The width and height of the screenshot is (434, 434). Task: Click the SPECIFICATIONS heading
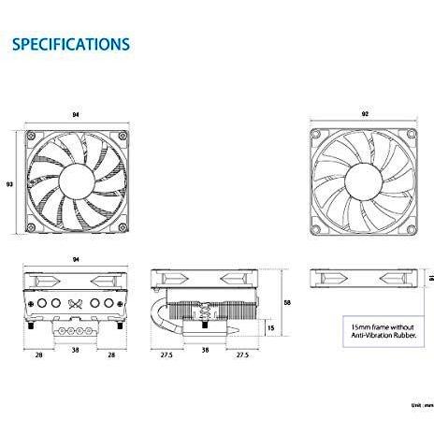pos(71,44)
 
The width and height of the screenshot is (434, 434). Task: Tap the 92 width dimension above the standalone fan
pos(365,114)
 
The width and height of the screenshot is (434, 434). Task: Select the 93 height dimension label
pos(9,184)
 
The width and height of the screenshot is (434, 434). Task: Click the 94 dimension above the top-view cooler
pos(76,115)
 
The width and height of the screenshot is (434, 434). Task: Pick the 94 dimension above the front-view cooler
pos(76,259)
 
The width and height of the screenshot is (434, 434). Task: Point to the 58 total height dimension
pos(287,302)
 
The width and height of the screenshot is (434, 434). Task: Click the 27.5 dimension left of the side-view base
pos(166,354)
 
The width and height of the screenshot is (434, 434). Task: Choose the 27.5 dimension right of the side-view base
pos(242,354)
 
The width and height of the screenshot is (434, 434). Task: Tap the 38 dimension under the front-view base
pos(76,350)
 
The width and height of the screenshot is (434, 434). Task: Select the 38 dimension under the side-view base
pos(205,350)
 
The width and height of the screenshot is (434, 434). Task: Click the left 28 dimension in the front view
pos(39,354)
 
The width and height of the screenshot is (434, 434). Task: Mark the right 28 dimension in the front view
pos(111,354)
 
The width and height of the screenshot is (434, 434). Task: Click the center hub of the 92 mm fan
pos(364,181)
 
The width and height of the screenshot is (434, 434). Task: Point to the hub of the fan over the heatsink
pos(77,181)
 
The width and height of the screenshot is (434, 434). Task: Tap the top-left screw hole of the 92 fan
pos(316,134)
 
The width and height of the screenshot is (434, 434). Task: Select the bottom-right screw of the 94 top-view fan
pos(123,227)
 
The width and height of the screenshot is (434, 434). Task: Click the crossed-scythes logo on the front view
pos(75,304)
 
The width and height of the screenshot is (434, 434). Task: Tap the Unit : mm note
pos(423,405)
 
